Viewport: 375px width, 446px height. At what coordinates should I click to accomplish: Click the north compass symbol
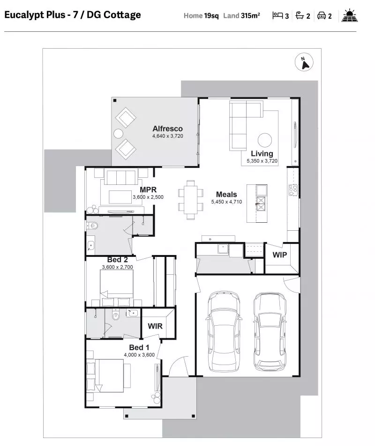pyautogui.click(x=304, y=62)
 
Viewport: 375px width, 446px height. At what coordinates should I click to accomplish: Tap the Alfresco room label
pyautogui.click(x=167, y=129)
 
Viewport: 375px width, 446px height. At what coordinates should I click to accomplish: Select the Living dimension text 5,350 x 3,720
pyautogui.click(x=262, y=161)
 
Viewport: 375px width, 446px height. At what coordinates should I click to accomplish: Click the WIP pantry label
pyautogui.click(x=280, y=255)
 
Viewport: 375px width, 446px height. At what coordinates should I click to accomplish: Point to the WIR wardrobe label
pyautogui.click(x=155, y=326)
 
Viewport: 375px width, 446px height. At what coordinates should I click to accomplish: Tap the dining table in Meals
pyautogui.click(x=191, y=198)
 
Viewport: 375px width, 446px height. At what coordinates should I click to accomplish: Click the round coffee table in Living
pyautogui.click(x=265, y=140)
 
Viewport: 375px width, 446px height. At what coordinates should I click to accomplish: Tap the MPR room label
pyautogui.click(x=148, y=190)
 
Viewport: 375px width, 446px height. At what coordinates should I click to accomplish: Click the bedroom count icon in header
pyautogui.click(x=277, y=15)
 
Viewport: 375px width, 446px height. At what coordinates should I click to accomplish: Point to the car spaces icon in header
pyautogui.click(x=322, y=15)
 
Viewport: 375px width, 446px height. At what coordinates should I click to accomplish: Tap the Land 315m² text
pyautogui.click(x=241, y=15)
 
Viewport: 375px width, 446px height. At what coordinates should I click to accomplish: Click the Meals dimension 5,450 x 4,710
pyautogui.click(x=226, y=202)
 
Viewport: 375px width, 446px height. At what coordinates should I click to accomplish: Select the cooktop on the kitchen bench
pyautogui.click(x=293, y=190)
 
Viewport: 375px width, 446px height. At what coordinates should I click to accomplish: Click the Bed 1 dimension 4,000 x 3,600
pyautogui.click(x=139, y=355)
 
